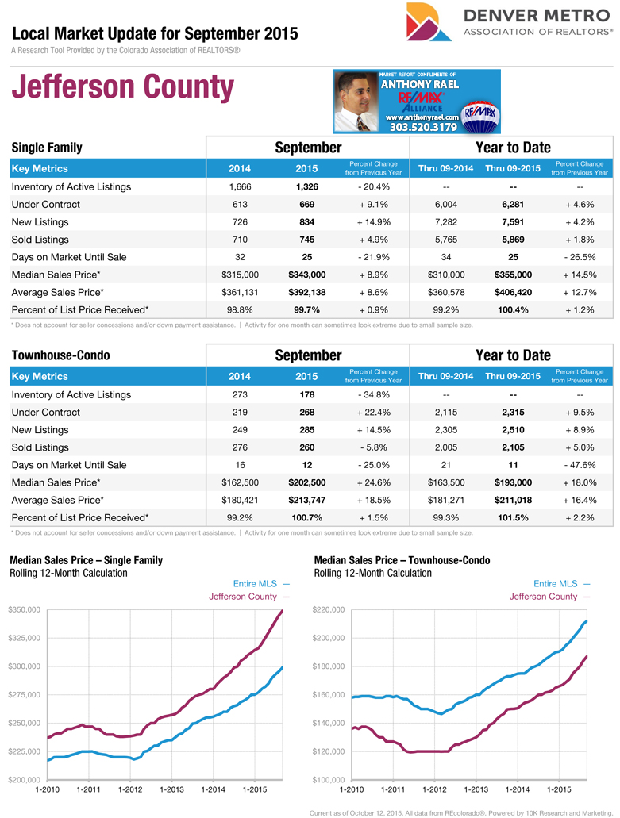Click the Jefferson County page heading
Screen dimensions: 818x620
[x=123, y=88]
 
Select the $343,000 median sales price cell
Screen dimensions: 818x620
[x=306, y=275]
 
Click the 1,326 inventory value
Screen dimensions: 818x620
[x=306, y=187]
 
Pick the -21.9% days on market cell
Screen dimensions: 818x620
[x=373, y=257]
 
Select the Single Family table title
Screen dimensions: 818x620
[x=47, y=148]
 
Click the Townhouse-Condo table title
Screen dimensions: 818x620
[x=60, y=355]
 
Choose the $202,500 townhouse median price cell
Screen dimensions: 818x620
[x=306, y=482]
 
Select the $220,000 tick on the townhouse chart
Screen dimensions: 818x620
[x=329, y=609]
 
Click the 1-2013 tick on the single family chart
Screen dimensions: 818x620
[x=171, y=789]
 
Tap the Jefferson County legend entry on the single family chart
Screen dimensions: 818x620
[x=248, y=597]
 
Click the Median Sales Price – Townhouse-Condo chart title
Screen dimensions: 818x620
[x=402, y=560]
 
